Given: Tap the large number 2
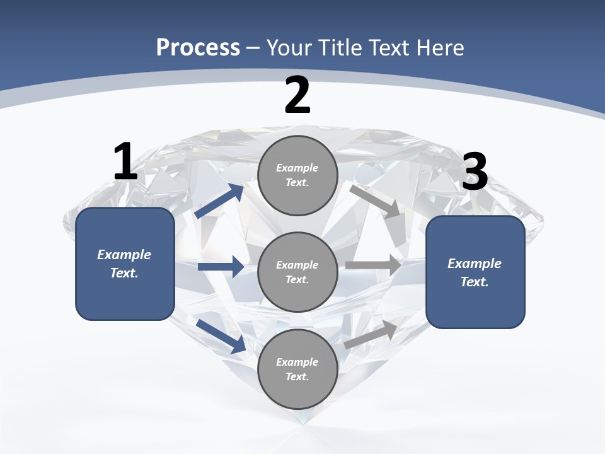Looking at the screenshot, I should click(x=297, y=95).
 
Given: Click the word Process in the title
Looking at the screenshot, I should click(x=198, y=47).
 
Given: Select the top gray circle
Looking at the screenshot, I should click(x=297, y=175).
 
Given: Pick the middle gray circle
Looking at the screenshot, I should click(x=297, y=272).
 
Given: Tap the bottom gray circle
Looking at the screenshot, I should click(x=297, y=369).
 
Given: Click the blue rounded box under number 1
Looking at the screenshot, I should click(x=125, y=264).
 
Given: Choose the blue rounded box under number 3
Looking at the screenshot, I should click(x=475, y=272).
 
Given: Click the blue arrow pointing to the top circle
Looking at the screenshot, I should click(x=220, y=201).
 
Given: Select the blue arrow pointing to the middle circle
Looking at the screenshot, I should click(x=221, y=267).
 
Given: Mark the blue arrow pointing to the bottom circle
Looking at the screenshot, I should click(x=221, y=336).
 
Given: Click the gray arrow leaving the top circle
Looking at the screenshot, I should click(x=375, y=201).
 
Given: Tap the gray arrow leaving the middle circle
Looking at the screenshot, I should click(x=373, y=265).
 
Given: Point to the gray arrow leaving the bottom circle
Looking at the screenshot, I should click(x=371, y=334).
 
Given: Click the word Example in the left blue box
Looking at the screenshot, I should click(x=124, y=255).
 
